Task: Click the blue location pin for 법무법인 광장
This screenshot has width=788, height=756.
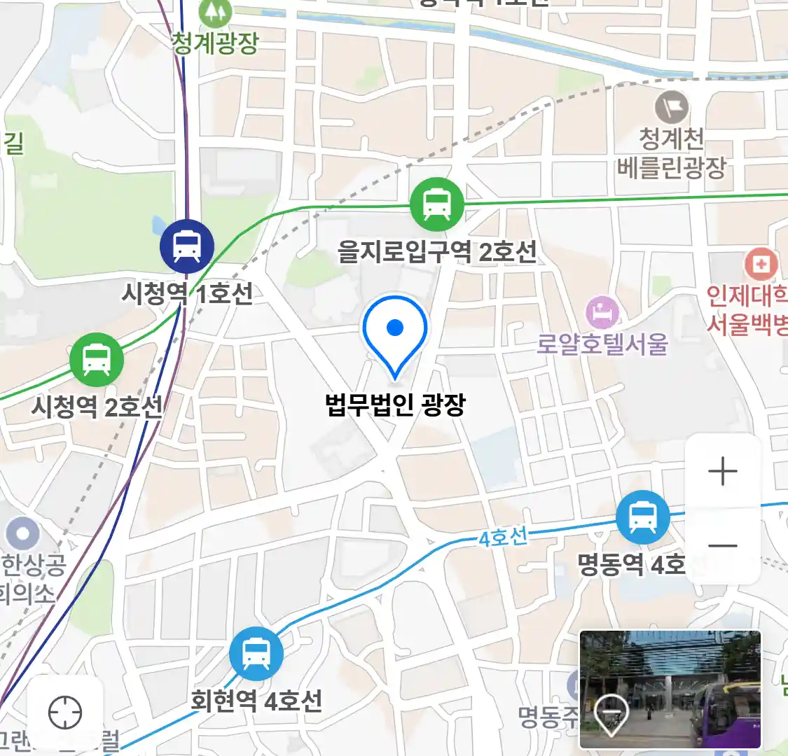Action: click(395, 330)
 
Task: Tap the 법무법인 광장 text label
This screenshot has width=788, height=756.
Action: click(395, 405)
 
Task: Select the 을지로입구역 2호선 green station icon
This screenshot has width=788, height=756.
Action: click(437, 204)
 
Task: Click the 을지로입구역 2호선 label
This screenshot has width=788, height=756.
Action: click(437, 251)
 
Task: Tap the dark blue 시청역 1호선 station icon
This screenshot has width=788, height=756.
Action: click(186, 246)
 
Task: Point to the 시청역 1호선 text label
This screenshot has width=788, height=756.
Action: click(187, 293)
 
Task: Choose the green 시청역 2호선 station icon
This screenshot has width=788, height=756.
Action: click(97, 360)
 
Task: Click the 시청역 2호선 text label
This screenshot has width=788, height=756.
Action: click(97, 406)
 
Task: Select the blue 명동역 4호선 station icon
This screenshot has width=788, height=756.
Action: click(642, 517)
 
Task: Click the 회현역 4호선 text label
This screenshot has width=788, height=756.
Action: click(256, 700)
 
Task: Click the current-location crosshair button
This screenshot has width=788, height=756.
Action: click(65, 713)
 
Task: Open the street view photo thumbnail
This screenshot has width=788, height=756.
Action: click(670, 689)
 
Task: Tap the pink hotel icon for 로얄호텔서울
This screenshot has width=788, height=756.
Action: click(602, 312)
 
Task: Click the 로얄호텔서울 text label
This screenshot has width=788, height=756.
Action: click(602, 344)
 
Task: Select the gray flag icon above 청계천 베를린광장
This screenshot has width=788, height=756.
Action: click(672, 108)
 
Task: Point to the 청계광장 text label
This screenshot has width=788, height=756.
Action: click(215, 43)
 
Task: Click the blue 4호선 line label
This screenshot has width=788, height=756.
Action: click(503, 538)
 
